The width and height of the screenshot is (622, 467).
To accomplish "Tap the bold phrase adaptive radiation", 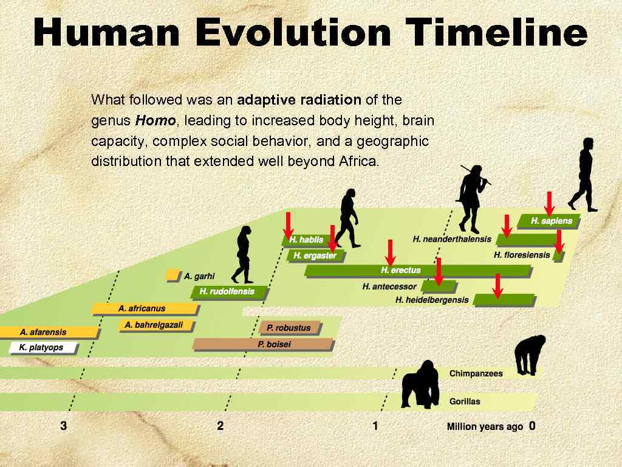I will click(299, 100).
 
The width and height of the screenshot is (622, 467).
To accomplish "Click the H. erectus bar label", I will click(401, 270).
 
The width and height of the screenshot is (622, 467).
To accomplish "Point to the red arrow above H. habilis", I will click(289, 224).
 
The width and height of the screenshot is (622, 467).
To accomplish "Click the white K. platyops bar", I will click(44, 348).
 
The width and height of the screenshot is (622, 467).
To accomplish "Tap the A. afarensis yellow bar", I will click(49, 332).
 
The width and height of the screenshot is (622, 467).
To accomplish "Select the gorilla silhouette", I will click(421, 384).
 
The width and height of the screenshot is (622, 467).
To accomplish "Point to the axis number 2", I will click(220, 426).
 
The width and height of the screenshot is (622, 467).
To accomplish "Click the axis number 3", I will click(64, 426).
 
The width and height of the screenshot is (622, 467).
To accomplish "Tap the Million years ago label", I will click(485, 427).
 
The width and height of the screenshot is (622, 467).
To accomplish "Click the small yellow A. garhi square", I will click(172, 275).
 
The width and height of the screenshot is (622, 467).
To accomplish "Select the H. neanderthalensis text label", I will click(452, 239).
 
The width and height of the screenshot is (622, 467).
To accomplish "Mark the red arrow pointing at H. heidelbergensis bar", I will click(497, 286).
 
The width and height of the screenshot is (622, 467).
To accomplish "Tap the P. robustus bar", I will click(289, 328).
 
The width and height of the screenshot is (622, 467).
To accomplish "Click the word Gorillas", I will click(465, 401).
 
